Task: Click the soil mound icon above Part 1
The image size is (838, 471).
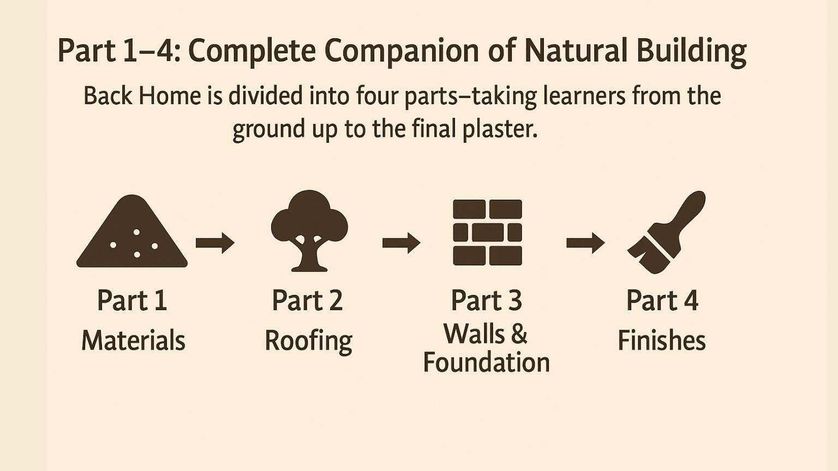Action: pos(131,235)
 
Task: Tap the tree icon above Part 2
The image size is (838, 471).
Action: pos(309,231)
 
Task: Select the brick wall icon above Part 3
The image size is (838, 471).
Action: pos(487,233)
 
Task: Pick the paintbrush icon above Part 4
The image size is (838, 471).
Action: pos(666,233)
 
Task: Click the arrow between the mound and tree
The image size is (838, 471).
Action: pos(215,243)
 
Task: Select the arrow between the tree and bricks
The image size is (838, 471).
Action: pos(401,243)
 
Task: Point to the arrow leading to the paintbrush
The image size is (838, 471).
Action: pos(585,243)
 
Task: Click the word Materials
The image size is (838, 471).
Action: pos(134,340)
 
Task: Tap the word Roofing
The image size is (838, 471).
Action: pos(309,341)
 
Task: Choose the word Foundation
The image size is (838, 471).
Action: pos(486,363)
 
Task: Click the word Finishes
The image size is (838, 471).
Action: pos(662,340)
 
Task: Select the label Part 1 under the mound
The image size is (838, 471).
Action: pos(132,300)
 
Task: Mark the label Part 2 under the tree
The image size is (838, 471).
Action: pos(307,300)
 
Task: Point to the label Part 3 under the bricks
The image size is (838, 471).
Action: pos(486,300)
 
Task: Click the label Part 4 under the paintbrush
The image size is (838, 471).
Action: pos(662,300)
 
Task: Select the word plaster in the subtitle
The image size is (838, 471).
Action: pos(500,129)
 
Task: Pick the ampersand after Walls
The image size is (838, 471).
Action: pos(519,334)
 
